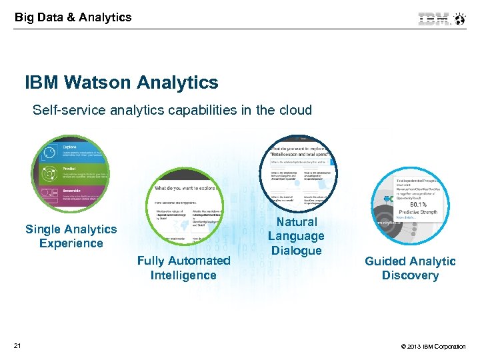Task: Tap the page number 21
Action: click(x=17, y=345)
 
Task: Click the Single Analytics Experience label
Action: click(x=71, y=236)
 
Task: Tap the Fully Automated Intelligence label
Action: click(x=183, y=268)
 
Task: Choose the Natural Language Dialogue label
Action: click(x=296, y=236)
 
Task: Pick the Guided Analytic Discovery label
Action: click(x=410, y=268)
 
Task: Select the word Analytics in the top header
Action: click(x=105, y=17)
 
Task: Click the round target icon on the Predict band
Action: click(x=49, y=175)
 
